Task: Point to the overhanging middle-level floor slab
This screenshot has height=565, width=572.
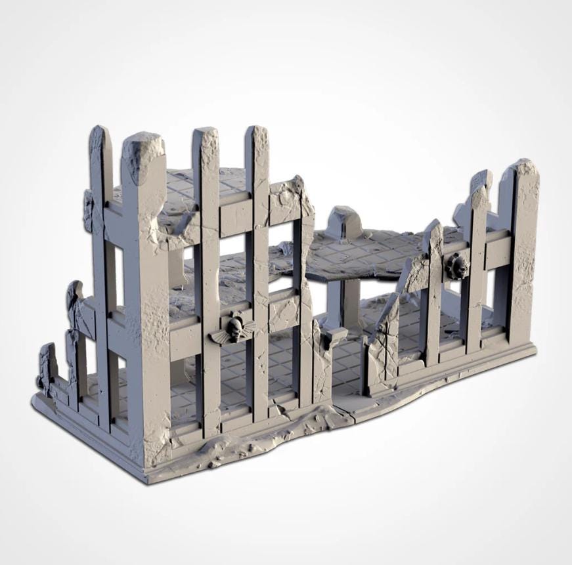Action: (x=368, y=253)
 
